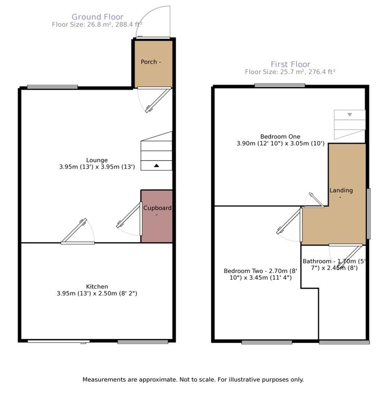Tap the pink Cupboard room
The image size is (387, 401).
(157, 216)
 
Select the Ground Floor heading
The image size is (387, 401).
(98, 17)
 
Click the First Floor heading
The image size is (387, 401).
(291, 64)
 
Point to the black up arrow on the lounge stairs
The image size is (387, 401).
(156, 166)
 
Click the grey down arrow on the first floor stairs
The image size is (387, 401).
(349, 114)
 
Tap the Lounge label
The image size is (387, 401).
(97, 160)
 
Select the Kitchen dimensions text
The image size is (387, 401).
(97, 293)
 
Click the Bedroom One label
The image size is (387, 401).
(280, 137)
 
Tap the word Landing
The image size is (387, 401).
(341, 190)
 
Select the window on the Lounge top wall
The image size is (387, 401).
(52, 87)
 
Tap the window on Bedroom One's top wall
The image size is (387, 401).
(280, 86)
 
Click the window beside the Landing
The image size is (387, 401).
(369, 214)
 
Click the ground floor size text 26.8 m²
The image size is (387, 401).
(97, 25)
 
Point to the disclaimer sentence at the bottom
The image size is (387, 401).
(193, 380)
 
